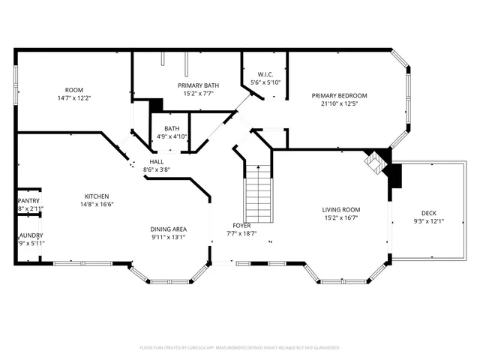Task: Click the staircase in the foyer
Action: (x=259, y=191)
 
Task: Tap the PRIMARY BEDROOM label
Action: (x=340, y=96)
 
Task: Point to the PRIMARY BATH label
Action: (x=198, y=85)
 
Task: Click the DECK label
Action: (x=429, y=213)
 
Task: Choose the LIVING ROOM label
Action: (x=341, y=210)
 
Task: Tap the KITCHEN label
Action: (x=97, y=196)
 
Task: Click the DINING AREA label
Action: (x=168, y=229)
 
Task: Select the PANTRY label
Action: (x=28, y=201)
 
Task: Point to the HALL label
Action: (x=157, y=162)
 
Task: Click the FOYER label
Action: (x=241, y=226)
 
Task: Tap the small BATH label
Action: (x=172, y=129)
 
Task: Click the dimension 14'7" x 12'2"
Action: (x=74, y=98)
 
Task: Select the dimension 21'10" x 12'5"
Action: (x=340, y=103)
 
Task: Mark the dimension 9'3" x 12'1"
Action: (x=429, y=221)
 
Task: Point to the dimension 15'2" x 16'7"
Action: (x=341, y=218)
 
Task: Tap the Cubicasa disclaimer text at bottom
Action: (x=240, y=348)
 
